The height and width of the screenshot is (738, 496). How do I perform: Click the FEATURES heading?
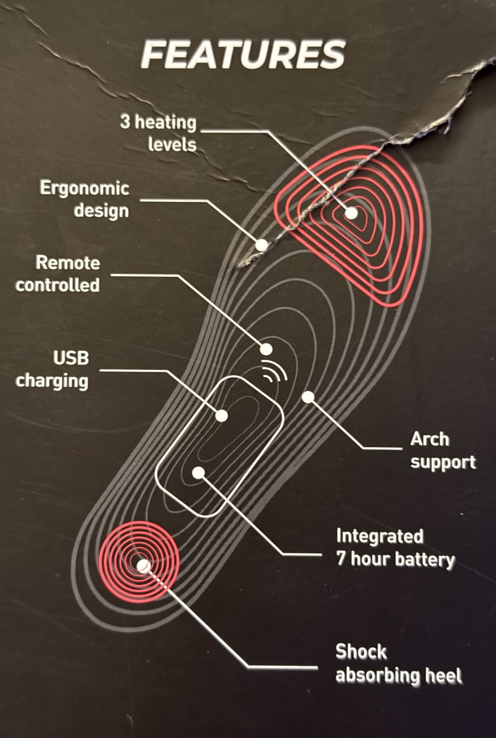[243, 55]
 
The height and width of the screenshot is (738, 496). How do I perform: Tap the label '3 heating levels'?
[158, 133]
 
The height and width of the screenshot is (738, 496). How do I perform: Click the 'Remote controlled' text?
[58, 274]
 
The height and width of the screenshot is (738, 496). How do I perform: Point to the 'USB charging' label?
[52, 369]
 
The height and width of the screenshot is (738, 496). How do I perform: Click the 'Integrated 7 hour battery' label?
[395, 548]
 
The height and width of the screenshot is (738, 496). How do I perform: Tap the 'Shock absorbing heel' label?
[398, 664]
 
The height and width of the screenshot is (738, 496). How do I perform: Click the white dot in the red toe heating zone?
[351, 213]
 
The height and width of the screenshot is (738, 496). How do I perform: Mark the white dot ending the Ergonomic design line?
[262, 245]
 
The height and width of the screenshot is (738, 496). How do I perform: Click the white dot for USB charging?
[222, 416]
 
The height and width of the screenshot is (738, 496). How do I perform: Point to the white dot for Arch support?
[308, 397]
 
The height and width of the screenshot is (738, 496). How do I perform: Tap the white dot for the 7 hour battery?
[198, 472]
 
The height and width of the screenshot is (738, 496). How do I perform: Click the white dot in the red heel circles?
[144, 566]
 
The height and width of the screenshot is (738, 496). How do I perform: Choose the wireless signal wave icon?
[274, 370]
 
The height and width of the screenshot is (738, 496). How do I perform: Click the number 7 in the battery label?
[342, 559]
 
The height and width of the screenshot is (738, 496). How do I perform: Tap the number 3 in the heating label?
[125, 122]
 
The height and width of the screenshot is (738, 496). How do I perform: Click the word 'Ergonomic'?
[84, 188]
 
